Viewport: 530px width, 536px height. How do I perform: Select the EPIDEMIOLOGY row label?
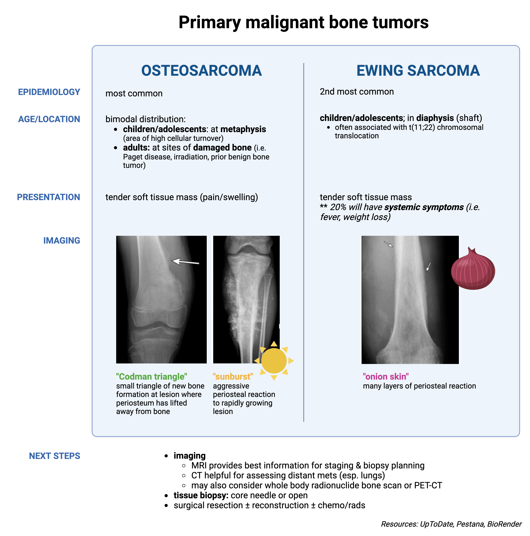coord(49,92)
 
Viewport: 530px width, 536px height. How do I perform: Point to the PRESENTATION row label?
coord(49,197)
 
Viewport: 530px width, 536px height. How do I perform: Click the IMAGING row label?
coord(62,241)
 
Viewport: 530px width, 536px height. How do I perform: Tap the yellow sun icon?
coord(274,360)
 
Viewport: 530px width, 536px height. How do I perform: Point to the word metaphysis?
coord(243,129)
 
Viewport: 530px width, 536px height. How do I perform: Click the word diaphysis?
coord(435,118)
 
